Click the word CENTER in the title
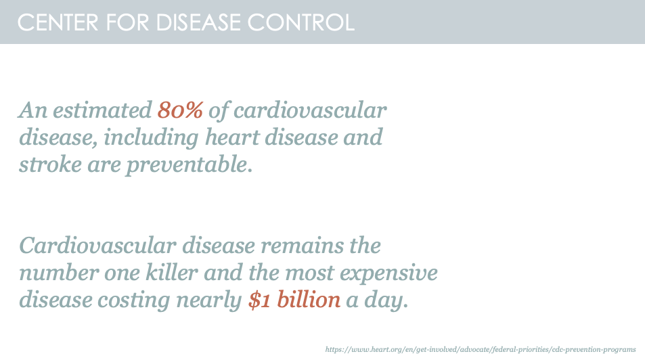(58, 22)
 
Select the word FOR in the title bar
(127, 22)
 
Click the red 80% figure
(180, 110)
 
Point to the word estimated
(102, 110)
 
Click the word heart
(232, 137)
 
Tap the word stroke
(50, 164)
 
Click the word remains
(303, 246)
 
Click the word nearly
(208, 300)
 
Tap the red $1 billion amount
(294, 299)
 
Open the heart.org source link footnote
(481, 350)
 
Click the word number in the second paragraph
(59, 272)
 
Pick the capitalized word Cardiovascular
(98, 246)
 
